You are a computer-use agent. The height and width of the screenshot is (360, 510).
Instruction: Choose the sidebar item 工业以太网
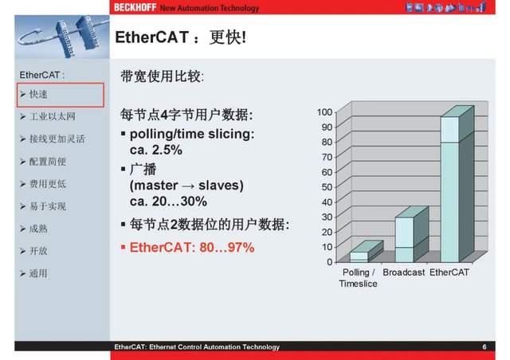[x=51, y=117]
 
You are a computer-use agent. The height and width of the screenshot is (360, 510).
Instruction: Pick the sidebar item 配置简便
[x=48, y=162]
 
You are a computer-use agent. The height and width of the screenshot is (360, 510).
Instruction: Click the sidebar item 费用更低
[x=48, y=184]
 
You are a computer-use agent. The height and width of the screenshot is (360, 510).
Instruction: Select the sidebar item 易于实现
[x=48, y=206]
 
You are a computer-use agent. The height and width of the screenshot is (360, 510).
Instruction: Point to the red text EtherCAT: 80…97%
[x=191, y=248]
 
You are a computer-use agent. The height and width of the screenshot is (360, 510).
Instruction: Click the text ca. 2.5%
[x=155, y=149]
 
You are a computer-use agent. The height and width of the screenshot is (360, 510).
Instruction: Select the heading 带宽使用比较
[x=162, y=77]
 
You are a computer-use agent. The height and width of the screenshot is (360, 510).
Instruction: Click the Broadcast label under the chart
[x=403, y=273]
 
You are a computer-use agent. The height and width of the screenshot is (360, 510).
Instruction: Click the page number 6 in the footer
[x=484, y=347]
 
